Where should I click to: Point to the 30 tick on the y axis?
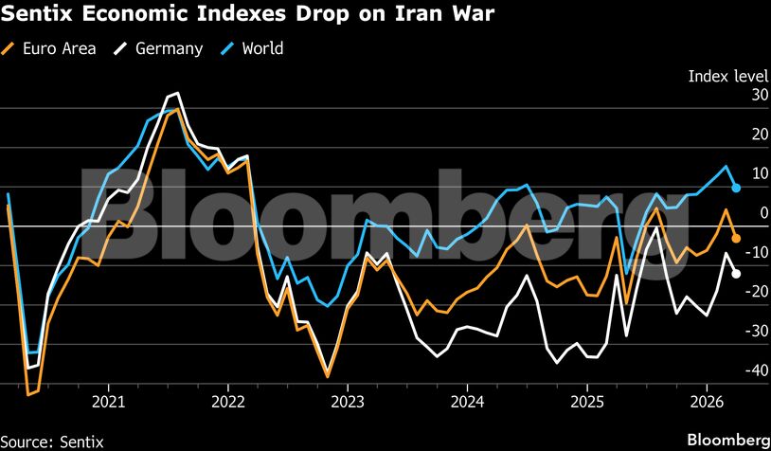tap(733, 95)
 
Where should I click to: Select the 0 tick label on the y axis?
tap(738, 212)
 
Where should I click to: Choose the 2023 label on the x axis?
tap(348, 400)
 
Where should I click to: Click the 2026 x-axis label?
tap(707, 400)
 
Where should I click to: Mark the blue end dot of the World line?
tap(736, 188)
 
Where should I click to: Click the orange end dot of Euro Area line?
tap(736, 238)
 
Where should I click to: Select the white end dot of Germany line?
tap(736, 274)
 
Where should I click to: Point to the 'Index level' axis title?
tap(727, 76)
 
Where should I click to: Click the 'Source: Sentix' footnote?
tap(52, 441)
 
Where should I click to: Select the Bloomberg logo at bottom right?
tap(727, 440)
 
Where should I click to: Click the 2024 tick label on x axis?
tap(467, 400)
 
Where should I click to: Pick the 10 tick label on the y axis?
tap(733, 173)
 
